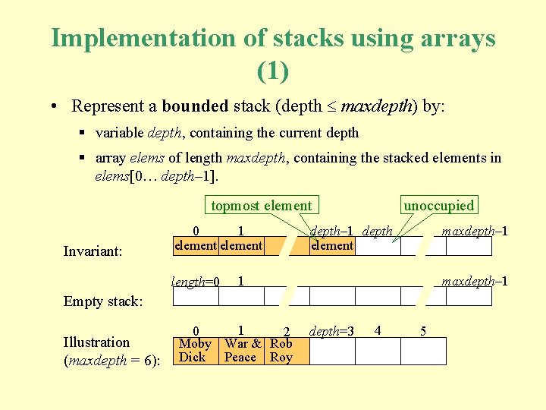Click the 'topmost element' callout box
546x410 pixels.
tap(261, 205)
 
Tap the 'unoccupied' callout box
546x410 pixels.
tap(438, 205)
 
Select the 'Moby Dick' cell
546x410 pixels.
tap(195, 350)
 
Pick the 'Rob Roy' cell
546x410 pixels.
tap(281, 350)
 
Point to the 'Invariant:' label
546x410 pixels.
tap(93, 251)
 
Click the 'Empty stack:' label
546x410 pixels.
tap(102, 301)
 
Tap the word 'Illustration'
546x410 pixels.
tap(96, 342)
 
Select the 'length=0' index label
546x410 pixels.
tap(195, 282)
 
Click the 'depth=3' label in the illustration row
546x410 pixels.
tap(331, 331)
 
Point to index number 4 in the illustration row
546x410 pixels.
tap(377, 330)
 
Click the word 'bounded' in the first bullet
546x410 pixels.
tap(195, 106)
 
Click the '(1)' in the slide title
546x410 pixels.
tap(272, 71)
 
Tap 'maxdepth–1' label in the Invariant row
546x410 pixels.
tap(475, 231)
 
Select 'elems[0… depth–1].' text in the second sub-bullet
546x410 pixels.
tap(155, 176)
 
